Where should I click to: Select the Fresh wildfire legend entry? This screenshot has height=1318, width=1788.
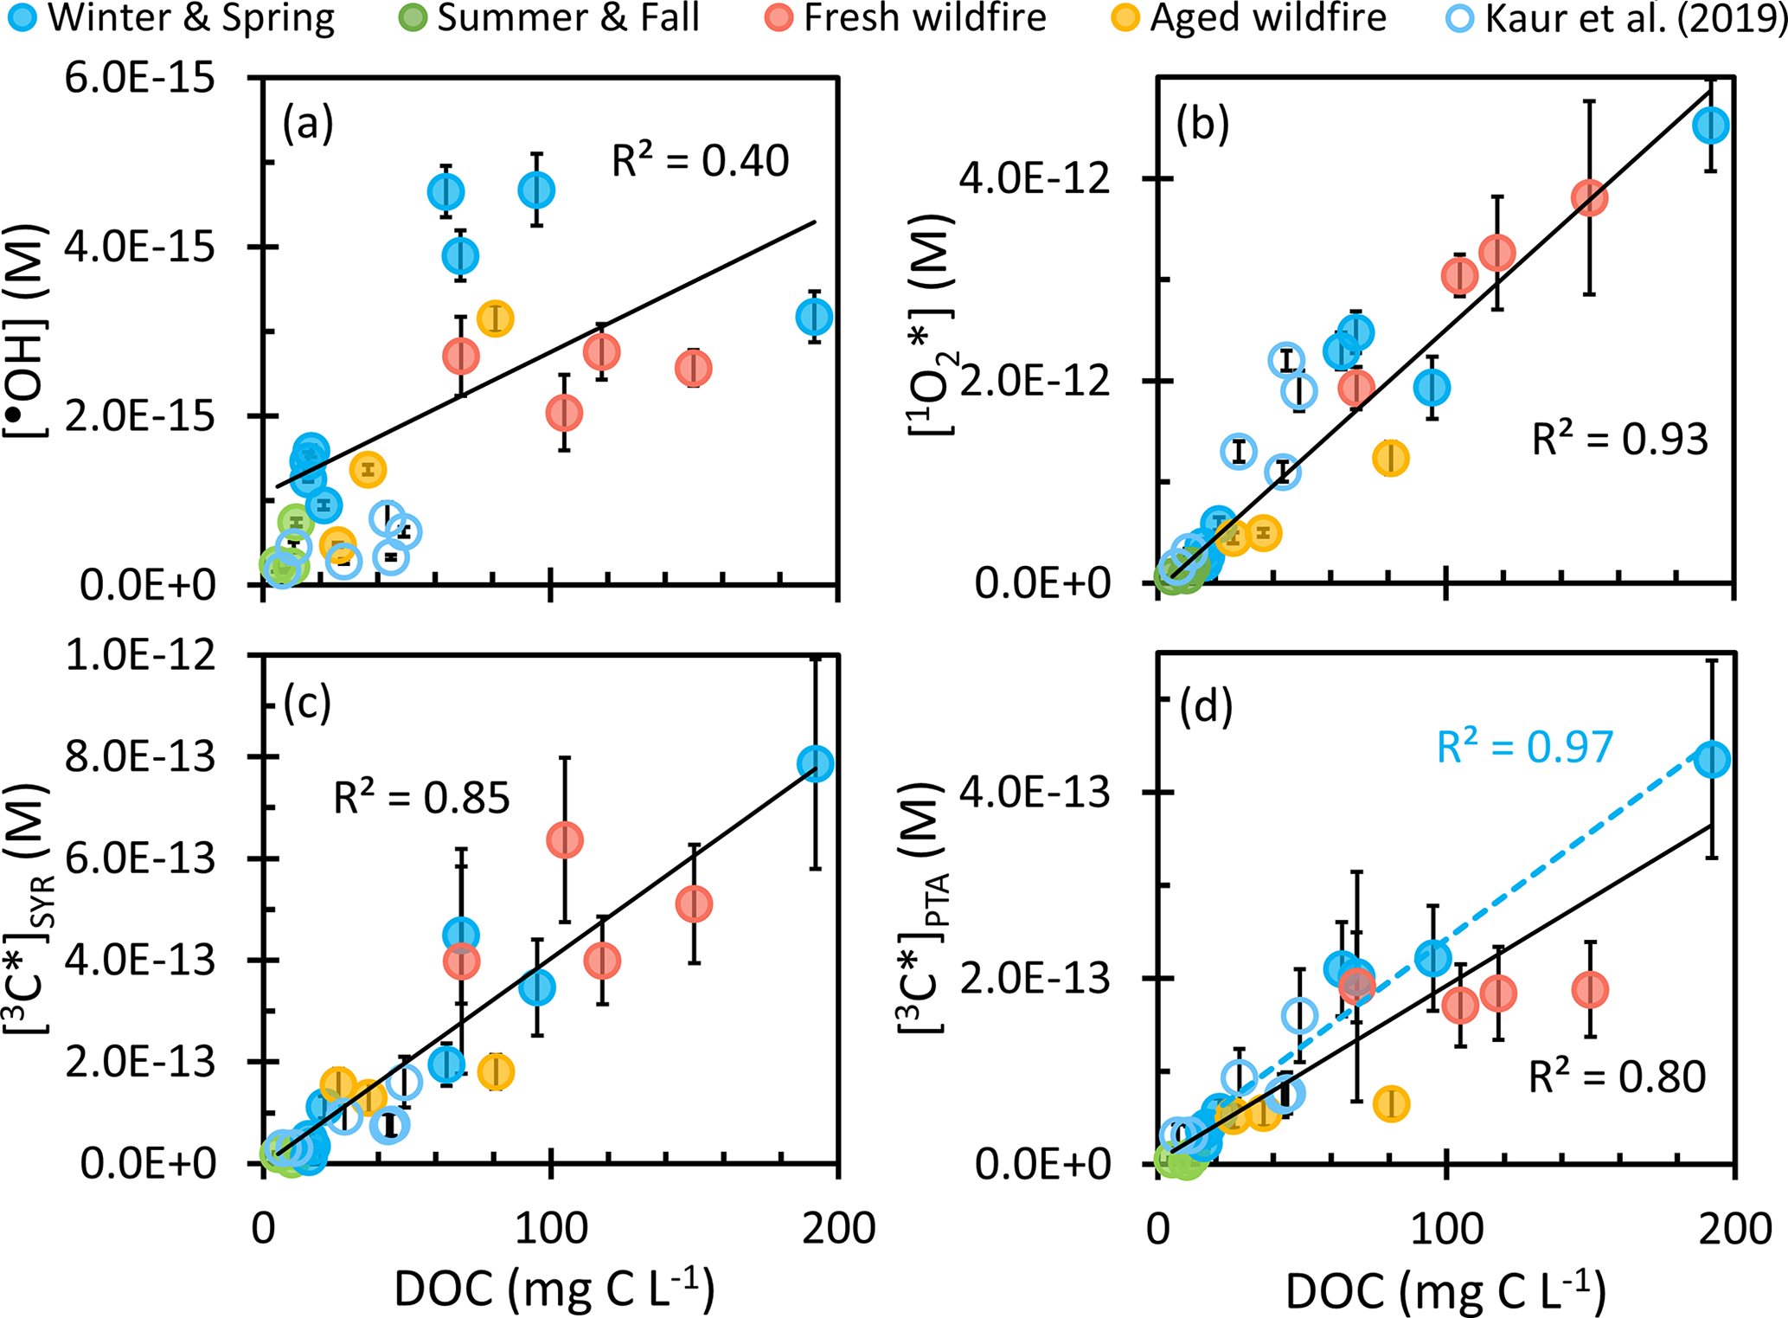pos(908,17)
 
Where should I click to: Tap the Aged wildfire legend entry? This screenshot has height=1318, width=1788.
pos(1250,17)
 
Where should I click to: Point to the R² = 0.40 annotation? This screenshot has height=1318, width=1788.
pos(700,161)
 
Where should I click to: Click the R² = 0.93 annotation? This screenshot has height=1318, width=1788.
pos(1619,440)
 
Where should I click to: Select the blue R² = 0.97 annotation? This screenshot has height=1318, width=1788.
pos(1524,747)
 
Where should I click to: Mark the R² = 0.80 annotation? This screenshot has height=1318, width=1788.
pos(1617,1077)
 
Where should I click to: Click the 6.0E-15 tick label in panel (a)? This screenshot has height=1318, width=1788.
pos(138,79)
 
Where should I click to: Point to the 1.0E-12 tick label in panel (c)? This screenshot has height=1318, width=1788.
pos(138,655)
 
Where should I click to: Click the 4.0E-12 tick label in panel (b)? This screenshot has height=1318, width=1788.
pos(1034,180)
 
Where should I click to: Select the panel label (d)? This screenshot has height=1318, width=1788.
pos(1205,707)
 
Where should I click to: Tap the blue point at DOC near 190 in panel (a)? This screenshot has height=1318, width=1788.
pos(814,317)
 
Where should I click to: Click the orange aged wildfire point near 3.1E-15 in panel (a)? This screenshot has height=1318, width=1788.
pos(495,318)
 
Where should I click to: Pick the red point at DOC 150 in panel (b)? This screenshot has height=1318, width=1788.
pos(1589,198)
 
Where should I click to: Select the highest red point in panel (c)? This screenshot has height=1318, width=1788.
pos(565,839)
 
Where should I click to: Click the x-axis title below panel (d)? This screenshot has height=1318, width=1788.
pos(1445,1290)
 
